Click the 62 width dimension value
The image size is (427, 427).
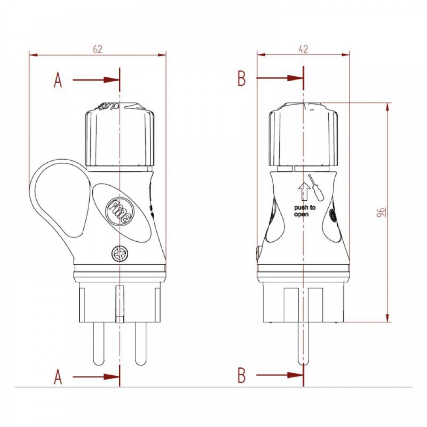click(x=98, y=49)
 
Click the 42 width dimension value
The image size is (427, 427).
click(x=303, y=49)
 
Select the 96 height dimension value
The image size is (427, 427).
click(x=380, y=212)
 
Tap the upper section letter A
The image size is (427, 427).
click(x=58, y=80)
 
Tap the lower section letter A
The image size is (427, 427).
click(x=58, y=377)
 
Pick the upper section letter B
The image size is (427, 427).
click(x=242, y=79)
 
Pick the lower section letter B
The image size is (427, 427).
click(x=242, y=376)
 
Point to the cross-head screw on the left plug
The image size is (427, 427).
click(x=119, y=255)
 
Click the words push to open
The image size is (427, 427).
click(x=304, y=211)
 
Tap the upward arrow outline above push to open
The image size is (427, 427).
click(x=304, y=191)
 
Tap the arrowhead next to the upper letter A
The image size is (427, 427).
click(x=112, y=80)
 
